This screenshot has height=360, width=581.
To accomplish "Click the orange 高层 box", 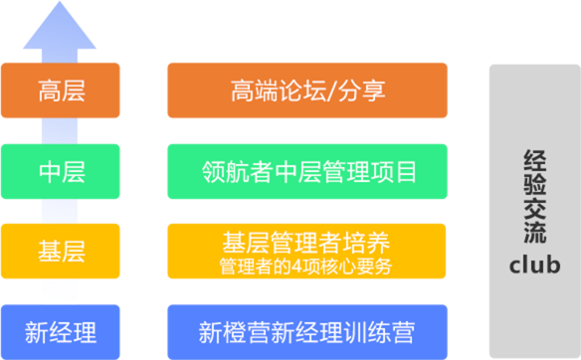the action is coord(61,90).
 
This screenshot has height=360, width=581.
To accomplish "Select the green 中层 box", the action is coord(61,171).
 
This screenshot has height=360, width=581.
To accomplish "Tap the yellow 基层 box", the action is coord(61,252).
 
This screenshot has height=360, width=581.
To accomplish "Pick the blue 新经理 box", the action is coord(61,332).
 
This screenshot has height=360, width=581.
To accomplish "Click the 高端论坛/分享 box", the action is coord(307,90).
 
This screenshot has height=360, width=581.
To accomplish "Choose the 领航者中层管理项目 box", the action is coord(307,171).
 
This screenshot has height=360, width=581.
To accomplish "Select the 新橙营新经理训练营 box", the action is coord(307,332).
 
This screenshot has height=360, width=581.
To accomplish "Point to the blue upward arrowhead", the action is coord(60,25).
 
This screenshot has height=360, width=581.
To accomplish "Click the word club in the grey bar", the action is coord(534,265).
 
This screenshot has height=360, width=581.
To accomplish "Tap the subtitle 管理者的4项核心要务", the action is coord(305,267).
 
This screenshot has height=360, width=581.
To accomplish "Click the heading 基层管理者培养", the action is coord(306,243).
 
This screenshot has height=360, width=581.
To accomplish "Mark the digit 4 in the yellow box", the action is coord(296,267).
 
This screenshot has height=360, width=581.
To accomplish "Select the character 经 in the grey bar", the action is coord(534,161).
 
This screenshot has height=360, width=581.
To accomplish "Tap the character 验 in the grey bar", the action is coord(534,184).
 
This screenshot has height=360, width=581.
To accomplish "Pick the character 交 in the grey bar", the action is coord(534,208).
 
